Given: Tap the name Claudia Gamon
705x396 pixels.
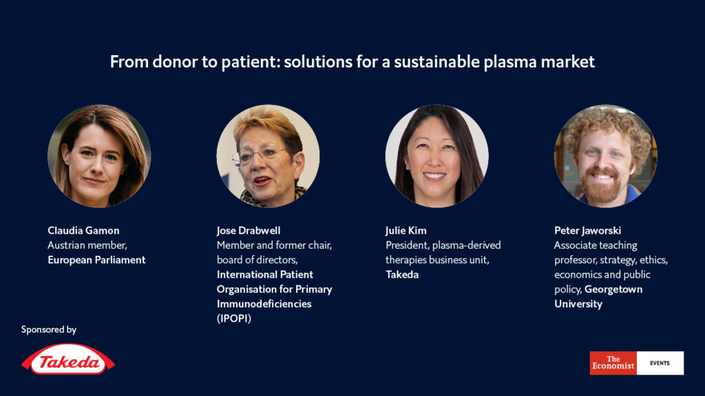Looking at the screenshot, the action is pos(83,230).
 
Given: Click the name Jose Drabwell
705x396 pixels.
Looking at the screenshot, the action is pos(248,230).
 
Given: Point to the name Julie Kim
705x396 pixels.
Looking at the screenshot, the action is pos(406,230).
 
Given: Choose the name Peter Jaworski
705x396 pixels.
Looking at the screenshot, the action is pos(588,230).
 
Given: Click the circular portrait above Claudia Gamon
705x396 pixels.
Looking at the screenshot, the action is pos(99,156).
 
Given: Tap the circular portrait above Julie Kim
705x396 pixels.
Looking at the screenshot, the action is pos(437,156).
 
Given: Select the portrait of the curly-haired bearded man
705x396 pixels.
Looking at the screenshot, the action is pos(606,156).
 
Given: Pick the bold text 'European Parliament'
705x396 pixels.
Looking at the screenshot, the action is pos(96,260).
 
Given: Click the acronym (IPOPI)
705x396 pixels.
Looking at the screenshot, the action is pos(234,318).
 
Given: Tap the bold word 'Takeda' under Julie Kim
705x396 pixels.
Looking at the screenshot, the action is pos(402,274).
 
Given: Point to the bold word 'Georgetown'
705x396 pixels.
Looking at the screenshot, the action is pos(613,289).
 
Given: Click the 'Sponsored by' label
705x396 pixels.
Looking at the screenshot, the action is pos(49,329).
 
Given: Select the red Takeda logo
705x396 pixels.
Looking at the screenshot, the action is pos(68,359).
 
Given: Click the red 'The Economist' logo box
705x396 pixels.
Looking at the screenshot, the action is pos(613,363).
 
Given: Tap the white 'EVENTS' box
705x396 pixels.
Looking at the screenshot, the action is pos(660,363).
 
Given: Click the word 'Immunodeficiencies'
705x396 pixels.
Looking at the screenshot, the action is pos(264,304).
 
